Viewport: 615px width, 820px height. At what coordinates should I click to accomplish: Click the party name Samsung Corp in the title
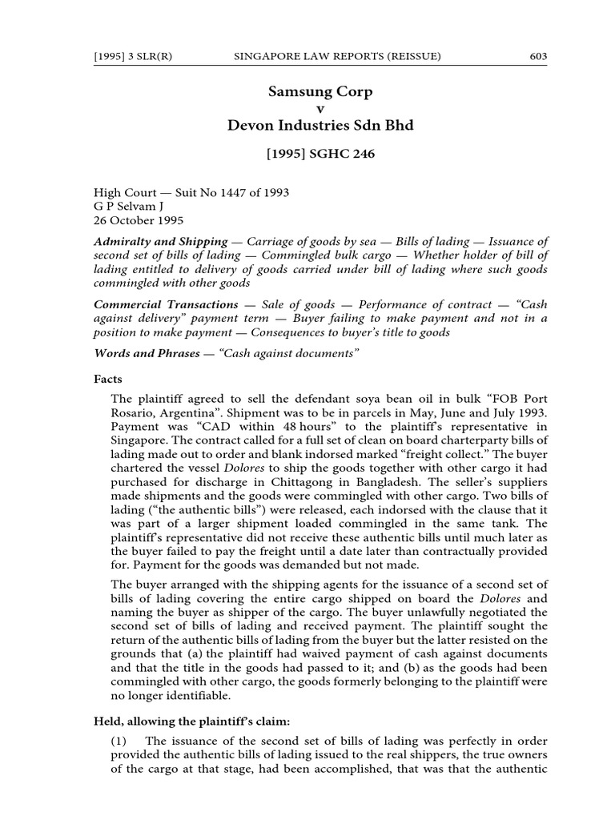tap(320, 92)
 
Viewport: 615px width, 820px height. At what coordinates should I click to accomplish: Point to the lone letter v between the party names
tap(321, 109)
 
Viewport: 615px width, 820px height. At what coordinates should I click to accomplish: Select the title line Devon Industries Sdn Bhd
tap(320, 126)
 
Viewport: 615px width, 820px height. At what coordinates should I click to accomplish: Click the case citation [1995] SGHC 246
tap(320, 158)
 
